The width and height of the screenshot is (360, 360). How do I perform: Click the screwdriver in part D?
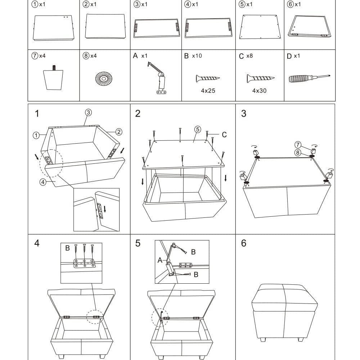(x=309, y=78)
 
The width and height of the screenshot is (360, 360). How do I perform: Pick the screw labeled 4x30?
(x=261, y=78)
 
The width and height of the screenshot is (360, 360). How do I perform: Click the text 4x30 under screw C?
(x=259, y=91)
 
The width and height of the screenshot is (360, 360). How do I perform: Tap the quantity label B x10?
(x=193, y=56)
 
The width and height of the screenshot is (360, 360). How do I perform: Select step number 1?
(x=37, y=114)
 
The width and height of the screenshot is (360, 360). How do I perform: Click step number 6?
(x=244, y=243)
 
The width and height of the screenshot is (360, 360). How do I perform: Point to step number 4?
(x=37, y=243)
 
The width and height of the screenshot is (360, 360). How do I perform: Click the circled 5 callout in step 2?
(x=197, y=129)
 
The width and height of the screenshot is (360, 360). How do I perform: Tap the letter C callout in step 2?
(x=224, y=135)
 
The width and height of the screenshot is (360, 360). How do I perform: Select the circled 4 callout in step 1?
(x=43, y=182)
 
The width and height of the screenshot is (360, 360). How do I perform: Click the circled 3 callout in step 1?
(x=89, y=112)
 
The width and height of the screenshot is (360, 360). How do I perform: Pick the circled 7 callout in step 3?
(x=297, y=144)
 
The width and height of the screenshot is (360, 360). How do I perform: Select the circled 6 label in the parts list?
(x=291, y=4)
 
